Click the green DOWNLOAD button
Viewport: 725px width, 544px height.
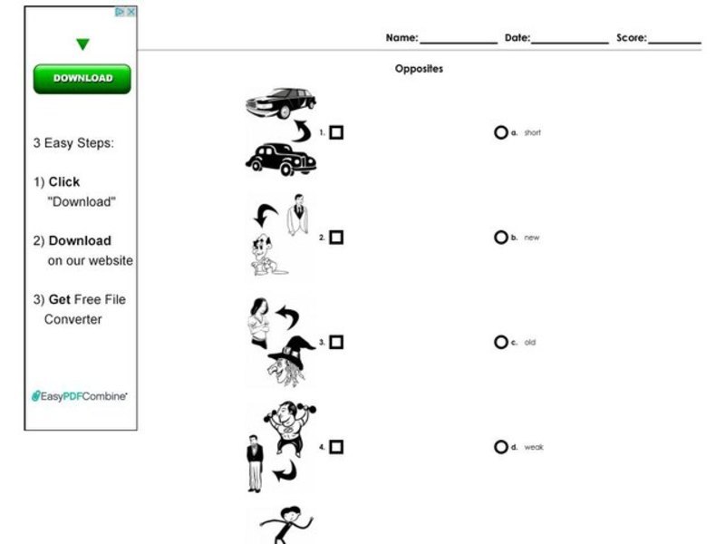82,79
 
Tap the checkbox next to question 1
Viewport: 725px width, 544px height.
336,133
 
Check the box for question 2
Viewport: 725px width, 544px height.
336,238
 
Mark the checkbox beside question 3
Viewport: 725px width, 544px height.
336,343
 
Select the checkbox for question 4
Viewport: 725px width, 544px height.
336,447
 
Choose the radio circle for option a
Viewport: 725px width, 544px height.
500,132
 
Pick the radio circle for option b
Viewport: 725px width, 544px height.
500,238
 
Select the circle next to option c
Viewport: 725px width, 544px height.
500,343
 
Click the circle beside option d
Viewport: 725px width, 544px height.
500,447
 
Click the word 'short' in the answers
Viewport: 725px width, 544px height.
532,133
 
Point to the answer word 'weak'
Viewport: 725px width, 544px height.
534,447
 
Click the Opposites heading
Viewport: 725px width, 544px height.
419,69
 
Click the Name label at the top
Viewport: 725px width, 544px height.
401,38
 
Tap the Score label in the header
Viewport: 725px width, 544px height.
631,38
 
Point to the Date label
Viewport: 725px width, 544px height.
517,38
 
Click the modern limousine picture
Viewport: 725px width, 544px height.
280,102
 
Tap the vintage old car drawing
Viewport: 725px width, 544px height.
281,159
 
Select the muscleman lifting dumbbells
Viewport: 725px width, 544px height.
291,426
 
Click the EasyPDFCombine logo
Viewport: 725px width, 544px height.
80,396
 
